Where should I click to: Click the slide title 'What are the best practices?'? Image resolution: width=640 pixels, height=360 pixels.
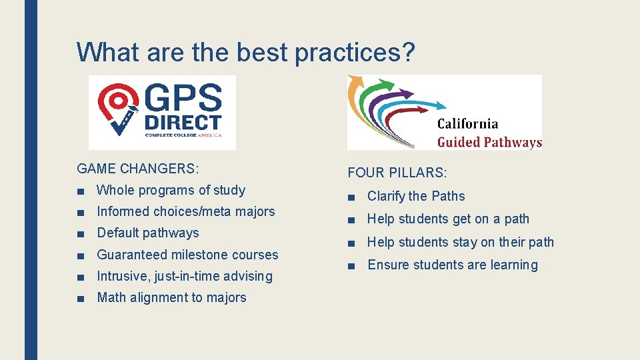(246, 53)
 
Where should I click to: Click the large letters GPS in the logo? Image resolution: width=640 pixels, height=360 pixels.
(182, 99)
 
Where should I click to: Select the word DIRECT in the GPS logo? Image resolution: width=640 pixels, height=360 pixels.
(182, 123)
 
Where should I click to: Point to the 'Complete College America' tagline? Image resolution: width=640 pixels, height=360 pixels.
(181, 135)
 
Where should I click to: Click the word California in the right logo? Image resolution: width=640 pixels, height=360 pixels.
(467, 123)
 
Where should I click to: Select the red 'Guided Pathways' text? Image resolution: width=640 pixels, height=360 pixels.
(489, 141)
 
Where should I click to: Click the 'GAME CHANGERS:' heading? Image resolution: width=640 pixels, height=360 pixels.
(138, 169)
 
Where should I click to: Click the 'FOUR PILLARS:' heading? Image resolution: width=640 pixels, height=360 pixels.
(397, 173)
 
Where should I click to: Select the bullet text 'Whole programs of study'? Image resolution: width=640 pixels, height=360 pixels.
(171, 190)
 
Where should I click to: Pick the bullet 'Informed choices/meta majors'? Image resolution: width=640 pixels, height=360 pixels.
(185, 211)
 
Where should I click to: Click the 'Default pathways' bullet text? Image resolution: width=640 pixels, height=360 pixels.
(148, 233)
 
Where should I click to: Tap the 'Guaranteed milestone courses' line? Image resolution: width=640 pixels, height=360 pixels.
(187, 255)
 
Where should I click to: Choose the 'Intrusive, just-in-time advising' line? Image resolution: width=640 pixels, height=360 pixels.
(185, 276)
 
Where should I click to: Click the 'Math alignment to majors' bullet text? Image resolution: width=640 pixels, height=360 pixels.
(171, 297)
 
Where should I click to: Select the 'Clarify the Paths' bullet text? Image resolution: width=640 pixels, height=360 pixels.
(416, 196)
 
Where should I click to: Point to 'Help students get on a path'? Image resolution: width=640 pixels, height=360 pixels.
(448, 219)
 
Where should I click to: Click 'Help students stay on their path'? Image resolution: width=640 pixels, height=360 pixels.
(461, 242)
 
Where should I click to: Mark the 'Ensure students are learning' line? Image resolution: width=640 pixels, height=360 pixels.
(452, 265)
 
